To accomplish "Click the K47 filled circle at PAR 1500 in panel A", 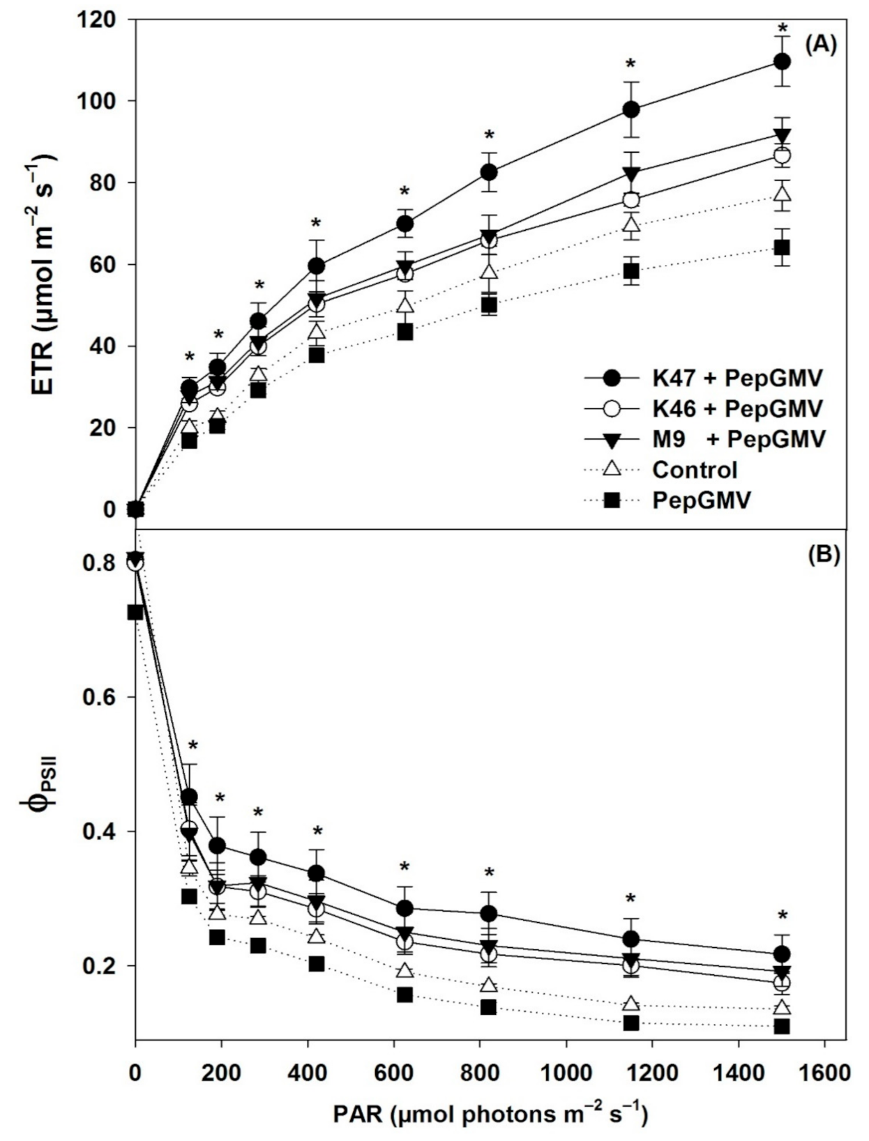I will (782, 61).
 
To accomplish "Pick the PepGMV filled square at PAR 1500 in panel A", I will (782, 247).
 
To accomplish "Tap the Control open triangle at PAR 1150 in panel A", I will (632, 224).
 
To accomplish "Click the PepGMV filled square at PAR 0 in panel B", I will (135, 612).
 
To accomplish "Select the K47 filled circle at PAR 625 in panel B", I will (405, 908).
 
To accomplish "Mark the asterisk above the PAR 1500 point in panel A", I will (783, 29).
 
